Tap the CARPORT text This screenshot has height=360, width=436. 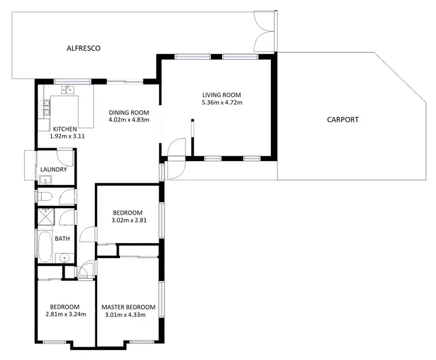click(x=342, y=120)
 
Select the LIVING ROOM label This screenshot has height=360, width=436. click(x=221, y=95)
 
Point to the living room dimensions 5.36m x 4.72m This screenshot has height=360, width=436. click(x=221, y=102)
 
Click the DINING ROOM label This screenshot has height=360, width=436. click(x=129, y=113)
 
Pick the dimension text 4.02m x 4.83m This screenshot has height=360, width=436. click(x=129, y=120)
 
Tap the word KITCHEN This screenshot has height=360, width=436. click(x=65, y=129)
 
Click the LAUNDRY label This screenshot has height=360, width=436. click(x=53, y=170)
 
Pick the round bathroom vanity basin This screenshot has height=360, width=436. click(x=64, y=257)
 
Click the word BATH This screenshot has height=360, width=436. click(x=62, y=239)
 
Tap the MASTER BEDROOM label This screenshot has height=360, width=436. click(x=128, y=307)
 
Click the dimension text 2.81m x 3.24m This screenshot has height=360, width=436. click(x=66, y=315)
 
